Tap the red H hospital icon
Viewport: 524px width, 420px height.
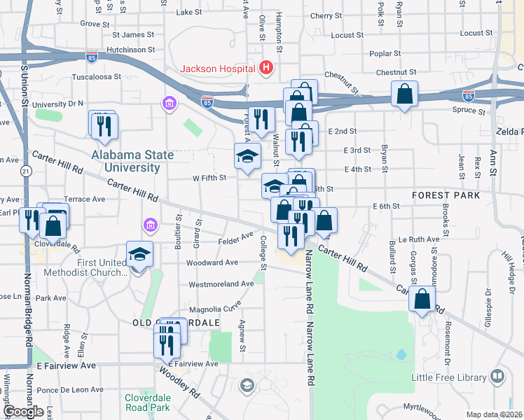tap(266, 68)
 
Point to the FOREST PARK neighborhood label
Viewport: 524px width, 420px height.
tap(446, 195)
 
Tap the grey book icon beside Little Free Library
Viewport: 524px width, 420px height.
tap(497, 377)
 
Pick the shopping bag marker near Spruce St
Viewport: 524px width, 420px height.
tap(405, 94)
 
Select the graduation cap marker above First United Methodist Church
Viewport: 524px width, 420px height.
tap(139, 254)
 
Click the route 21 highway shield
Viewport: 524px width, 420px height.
tap(27, 171)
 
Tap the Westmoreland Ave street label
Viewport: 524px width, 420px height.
tap(221, 284)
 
